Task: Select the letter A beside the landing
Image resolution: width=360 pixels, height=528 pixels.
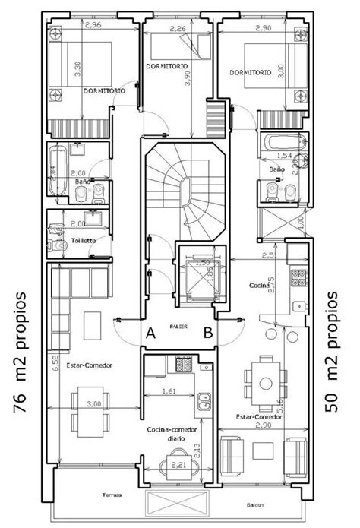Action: (x=151, y=331)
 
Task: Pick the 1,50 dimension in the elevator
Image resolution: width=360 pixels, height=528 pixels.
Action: (x=203, y=263)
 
